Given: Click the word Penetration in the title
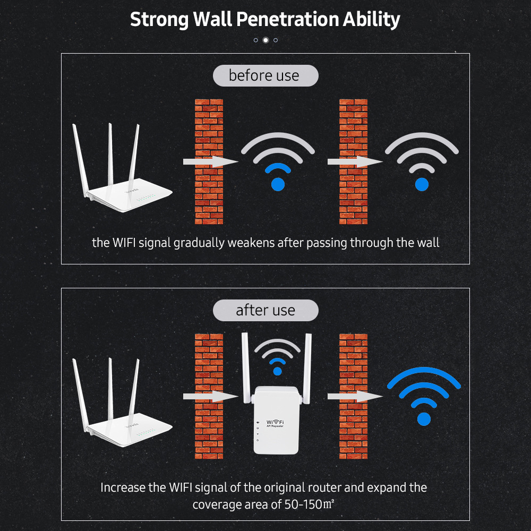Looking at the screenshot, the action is [287, 19].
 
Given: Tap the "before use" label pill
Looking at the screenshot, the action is [265, 75].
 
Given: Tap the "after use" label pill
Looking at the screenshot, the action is [265, 310].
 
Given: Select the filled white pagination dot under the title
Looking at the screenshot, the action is [266, 40].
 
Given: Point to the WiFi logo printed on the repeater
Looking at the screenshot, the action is [275, 423].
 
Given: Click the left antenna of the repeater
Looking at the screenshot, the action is [246, 367].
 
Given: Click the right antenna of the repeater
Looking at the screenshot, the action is [307, 369].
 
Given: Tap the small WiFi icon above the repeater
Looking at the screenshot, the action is [277, 357].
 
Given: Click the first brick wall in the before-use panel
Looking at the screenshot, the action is [209, 161].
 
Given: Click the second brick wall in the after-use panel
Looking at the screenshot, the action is [353, 396].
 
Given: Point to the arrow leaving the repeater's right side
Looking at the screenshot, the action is [355, 396].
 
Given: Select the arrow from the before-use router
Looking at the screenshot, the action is [211, 161].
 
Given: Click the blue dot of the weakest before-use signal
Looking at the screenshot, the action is [422, 185].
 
